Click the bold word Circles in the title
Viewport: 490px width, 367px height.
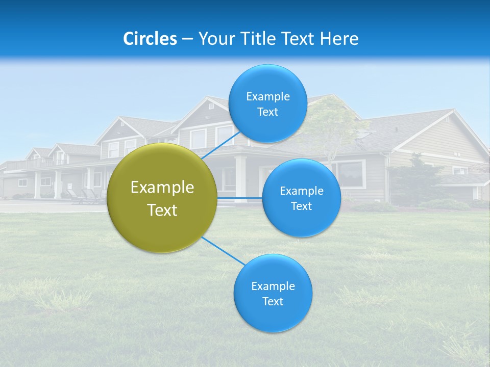pyautogui.click(x=150, y=39)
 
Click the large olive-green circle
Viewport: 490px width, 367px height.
pyautogui.click(x=162, y=198)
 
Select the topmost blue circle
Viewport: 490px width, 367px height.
pyautogui.click(x=267, y=103)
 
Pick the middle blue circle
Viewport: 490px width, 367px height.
pyautogui.click(x=301, y=198)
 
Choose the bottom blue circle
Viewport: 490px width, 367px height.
pyautogui.click(x=273, y=293)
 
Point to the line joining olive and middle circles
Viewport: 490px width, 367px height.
pyautogui.click(x=239, y=197)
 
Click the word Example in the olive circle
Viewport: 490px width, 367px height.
pyautogui.click(x=162, y=188)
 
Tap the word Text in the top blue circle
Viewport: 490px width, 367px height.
pyautogui.click(x=267, y=112)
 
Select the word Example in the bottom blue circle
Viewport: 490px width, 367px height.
pyautogui.click(x=273, y=286)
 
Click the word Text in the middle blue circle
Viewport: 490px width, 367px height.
pyautogui.click(x=301, y=206)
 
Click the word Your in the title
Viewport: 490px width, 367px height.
pyautogui.click(x=214, y=39)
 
